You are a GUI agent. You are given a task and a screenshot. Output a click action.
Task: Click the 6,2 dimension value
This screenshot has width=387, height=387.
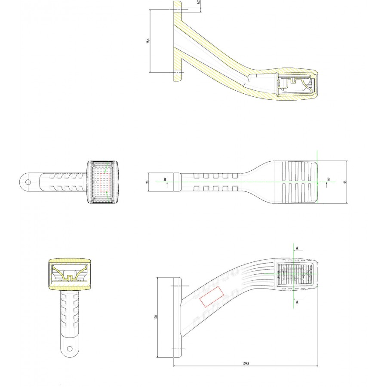[198, 2]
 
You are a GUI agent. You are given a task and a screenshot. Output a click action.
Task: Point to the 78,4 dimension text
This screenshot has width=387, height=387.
[148, 41]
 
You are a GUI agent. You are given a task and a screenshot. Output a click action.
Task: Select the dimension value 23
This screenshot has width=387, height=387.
[147, 182]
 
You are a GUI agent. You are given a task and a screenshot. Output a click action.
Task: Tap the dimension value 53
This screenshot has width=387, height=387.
[345, 182]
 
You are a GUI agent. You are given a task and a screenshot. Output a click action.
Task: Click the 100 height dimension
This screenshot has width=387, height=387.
[156, 317]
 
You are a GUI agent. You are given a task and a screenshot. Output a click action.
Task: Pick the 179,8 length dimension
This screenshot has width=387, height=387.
[246, 363]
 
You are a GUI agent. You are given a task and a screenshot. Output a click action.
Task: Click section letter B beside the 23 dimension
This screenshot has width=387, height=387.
[165, 179]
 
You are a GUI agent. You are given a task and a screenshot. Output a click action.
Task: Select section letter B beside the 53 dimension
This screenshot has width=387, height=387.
[328, 179]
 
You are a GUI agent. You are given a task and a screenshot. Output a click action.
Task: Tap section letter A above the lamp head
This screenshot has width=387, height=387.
[297, 248]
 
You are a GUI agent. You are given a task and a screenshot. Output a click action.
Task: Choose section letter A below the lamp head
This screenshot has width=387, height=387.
[297, 302]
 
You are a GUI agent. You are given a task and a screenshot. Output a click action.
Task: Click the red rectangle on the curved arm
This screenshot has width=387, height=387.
[212, 297]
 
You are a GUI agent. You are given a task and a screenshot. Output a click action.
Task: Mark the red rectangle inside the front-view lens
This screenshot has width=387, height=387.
[104, 182]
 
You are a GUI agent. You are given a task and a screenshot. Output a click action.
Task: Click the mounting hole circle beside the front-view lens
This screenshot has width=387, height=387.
[28, 182]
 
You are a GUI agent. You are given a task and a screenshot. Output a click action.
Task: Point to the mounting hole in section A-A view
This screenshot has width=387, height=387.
[70, 349]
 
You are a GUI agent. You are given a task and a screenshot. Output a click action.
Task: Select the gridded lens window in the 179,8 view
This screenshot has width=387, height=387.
[295, 274]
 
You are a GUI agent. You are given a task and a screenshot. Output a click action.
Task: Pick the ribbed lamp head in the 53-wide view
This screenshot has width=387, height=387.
[299, 182]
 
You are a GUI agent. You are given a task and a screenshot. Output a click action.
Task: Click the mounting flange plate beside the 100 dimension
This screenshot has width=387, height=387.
[178, 317]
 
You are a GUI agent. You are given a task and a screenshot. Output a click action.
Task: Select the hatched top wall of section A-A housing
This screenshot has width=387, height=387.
[70, 261]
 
